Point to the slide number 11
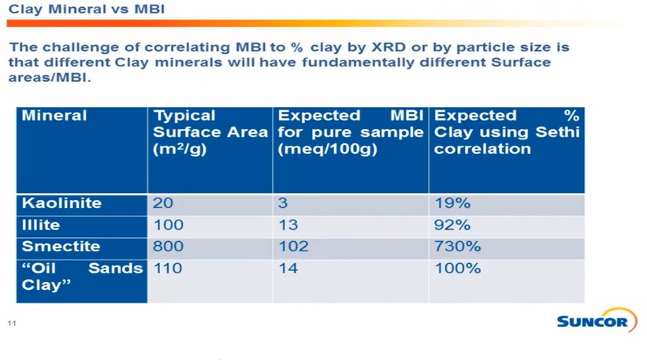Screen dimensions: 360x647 (x=12, y=324)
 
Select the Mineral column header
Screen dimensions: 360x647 (x=54, y=117)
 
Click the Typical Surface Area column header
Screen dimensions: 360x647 (x=210, y=132)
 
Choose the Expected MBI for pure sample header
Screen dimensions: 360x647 (x=350, y=132)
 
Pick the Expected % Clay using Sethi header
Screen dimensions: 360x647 (x=506, y=132)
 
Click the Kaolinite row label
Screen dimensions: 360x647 (x=61, y=203)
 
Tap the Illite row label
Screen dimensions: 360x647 (x=41, y=225)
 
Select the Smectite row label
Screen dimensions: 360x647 (x=61, y=247)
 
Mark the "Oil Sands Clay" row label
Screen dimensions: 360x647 (x=81, y=276)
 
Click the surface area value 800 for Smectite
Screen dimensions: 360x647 (x=168, y=247)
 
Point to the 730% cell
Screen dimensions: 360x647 (x=457, y=247)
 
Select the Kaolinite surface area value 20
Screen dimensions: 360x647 (x=162, y=203)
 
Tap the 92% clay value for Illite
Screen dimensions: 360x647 (x=452, y=225)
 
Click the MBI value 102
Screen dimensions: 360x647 (x=293, y=247)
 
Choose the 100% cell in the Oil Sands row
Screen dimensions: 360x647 (x=457, y=269)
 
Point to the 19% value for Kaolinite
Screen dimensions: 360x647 (x=452, y=203)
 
